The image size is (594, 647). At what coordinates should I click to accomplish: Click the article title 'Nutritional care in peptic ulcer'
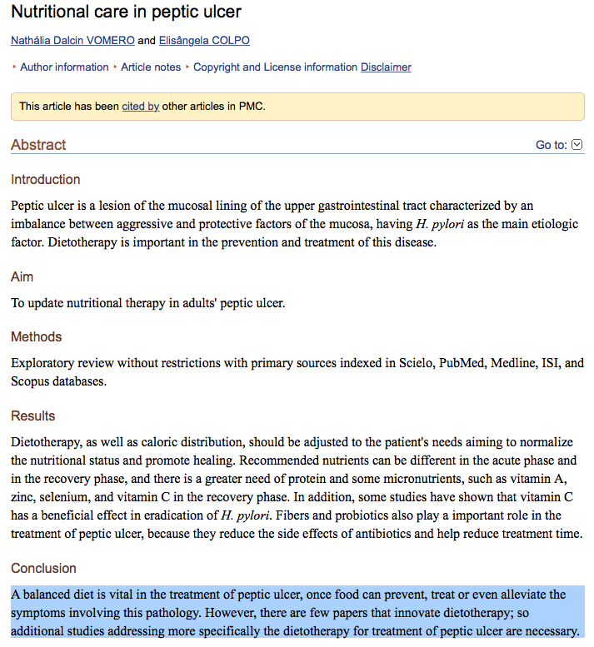click(127, 12)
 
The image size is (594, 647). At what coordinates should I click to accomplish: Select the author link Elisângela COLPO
click(204, 41)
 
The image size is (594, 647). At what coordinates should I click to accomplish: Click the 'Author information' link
click(64, 67)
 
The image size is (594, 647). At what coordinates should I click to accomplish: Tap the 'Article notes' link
click(151, 67)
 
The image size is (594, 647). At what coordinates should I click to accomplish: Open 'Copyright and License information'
click(275, 67)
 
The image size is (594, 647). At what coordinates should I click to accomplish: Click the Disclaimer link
click(386, 67)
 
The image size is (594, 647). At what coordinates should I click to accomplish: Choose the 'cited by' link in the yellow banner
click(140, 107)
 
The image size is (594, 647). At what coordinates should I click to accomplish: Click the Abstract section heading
click(38, 145)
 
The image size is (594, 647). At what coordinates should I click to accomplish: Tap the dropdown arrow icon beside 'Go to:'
click(577, 145)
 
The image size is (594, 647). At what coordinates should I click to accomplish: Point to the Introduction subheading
click(46, 180)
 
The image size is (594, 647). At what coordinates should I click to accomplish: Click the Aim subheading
click(22, 276)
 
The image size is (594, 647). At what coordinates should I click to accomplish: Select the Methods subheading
click(37, 337)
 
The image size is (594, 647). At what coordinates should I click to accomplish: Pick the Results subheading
click(33, 416)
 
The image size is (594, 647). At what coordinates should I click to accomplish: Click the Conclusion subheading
click(43, 569)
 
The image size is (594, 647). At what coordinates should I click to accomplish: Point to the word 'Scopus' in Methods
click(30, 381)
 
